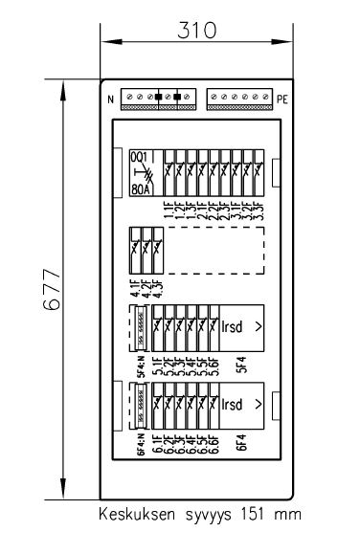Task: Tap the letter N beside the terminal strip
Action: pyautogui.click(x=111, y=99)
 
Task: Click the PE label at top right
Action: pyautogui.click(x=282, y=99)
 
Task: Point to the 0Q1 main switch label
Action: pyautogui.click(x=140, y=156)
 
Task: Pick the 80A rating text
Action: pyautogui.click(x=140, y=188)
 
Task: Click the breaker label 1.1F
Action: pyautogui.click(x=169, y=210)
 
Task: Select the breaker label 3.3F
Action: pyautogui.click(x=260, y=210)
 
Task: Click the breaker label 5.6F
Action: pyautogui.click(x=214, y=366)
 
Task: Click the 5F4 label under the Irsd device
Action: pyautogui.click(x=242, y=366)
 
